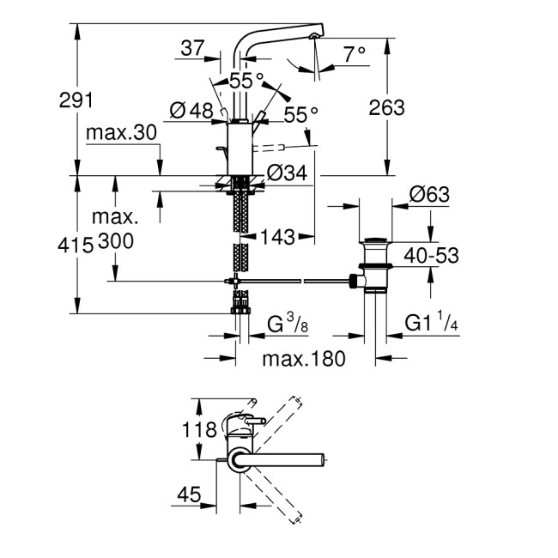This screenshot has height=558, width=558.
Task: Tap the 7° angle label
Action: [x=355, y=53]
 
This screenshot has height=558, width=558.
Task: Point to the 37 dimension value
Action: [x=193, y=50]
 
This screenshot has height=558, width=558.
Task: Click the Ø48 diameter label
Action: [x=191, y=111]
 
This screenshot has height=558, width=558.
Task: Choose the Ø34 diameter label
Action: [x=287, y=173]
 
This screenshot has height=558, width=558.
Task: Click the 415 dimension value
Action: [x=76, y=245]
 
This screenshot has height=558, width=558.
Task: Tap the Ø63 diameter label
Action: [x=430, y=195]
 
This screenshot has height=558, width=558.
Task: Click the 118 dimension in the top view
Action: [x=199, y=428]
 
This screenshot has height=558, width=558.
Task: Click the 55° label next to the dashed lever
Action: [x=300, y=112]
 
